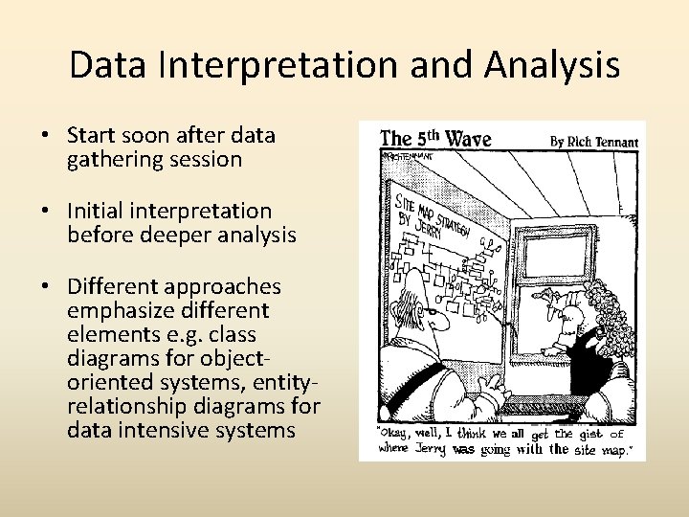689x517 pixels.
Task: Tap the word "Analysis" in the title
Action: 551,65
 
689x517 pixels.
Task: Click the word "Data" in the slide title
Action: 103,65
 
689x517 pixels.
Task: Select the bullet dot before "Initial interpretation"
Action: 45,212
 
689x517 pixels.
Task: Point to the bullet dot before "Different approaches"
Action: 45,287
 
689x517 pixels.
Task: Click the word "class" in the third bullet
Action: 256,334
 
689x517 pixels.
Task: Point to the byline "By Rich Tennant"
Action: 593,141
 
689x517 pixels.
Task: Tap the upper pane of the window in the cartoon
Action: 552,253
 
